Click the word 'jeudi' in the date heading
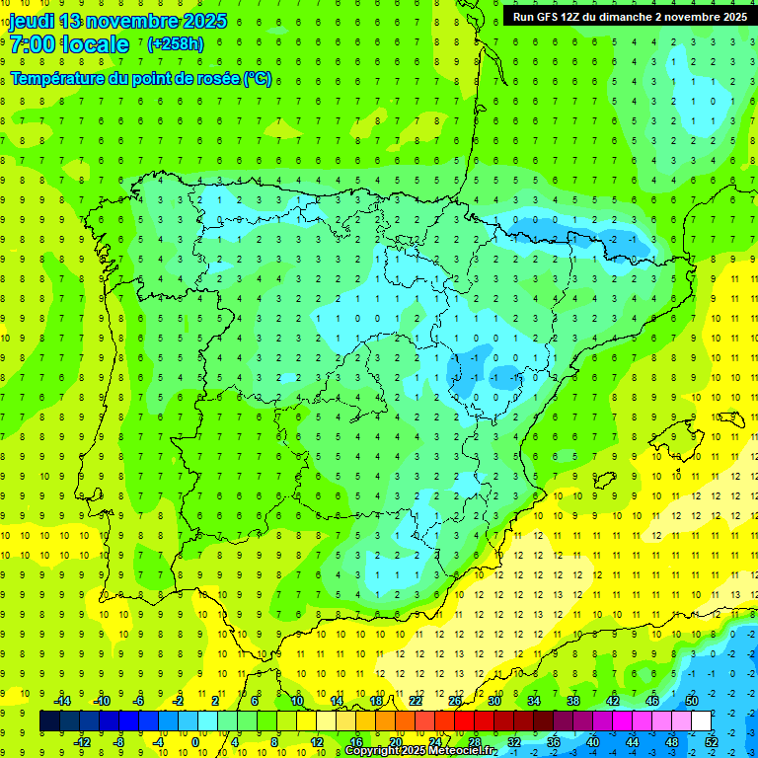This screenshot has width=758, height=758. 33,21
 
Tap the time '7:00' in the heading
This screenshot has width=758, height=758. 33,44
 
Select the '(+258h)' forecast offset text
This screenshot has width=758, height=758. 175,44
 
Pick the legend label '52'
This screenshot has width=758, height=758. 712,742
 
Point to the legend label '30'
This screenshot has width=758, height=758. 493,701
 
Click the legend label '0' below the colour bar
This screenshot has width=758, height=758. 195,742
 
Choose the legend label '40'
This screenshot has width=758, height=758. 592,742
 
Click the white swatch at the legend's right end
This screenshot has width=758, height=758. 701,721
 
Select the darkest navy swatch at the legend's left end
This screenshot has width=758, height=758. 49,721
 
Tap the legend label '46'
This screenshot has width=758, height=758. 651,701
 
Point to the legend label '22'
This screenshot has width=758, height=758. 415,701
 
